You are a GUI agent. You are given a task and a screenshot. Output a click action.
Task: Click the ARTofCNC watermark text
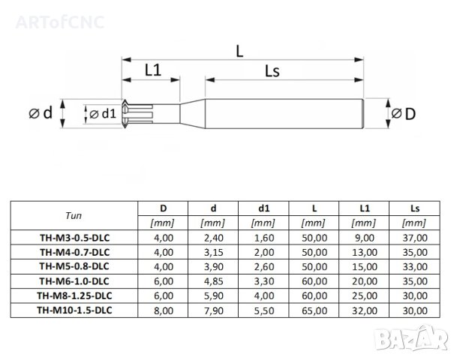(x=60, y=22)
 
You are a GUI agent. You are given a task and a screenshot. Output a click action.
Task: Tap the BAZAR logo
(x=411, y=338)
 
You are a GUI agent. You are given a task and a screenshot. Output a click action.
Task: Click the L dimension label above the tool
(x=239, y=51)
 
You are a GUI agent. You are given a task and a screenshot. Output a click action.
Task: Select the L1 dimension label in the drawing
(x=153, y=70)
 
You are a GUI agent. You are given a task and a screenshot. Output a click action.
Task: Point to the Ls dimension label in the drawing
(x=272, y=71)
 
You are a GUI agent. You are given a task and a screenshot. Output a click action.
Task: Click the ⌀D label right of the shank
(x=404, y=113)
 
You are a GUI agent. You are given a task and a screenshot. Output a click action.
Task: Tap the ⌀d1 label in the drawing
(x=103, y=113)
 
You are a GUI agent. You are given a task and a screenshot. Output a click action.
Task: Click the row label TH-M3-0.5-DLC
(x=74, y=238)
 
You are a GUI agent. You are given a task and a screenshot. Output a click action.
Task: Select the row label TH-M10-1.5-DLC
(x=74, y=310)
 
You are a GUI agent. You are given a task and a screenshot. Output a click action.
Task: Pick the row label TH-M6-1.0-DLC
(x=74, y=281)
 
